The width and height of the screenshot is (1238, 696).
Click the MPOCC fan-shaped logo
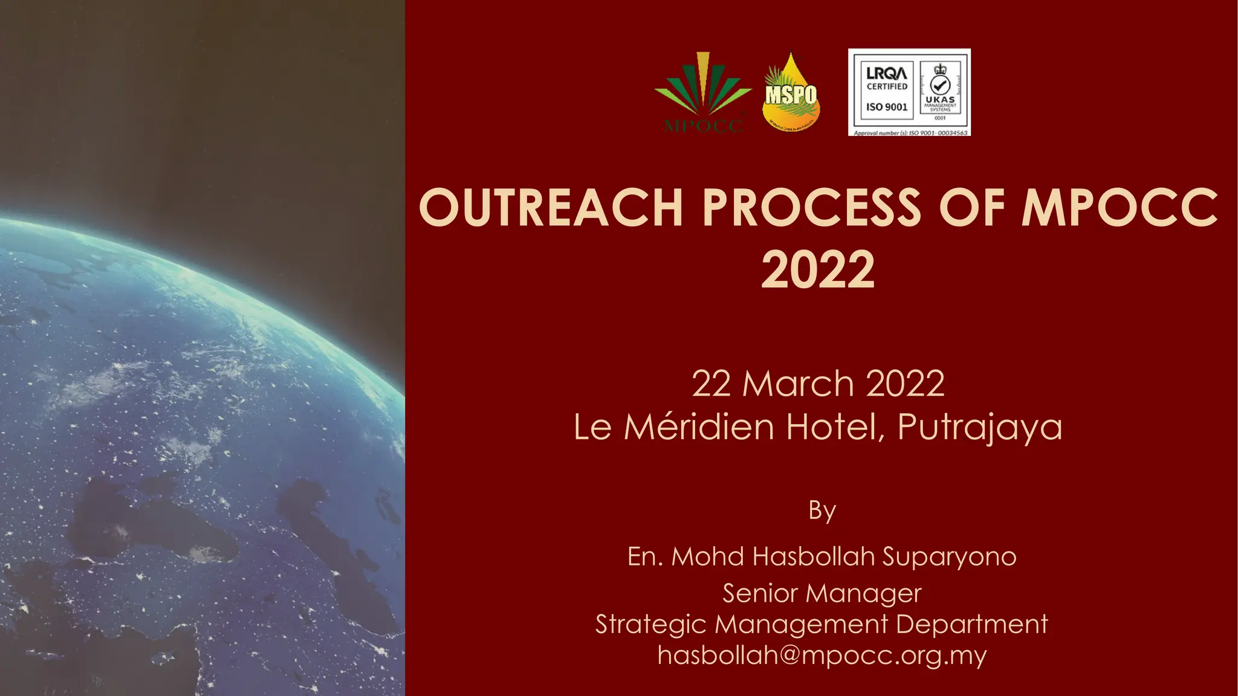(703, 91)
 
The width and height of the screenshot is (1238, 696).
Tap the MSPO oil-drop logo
(791, 94)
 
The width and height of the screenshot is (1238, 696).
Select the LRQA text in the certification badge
(886, 73)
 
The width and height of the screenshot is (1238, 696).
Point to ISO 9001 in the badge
(887, 107)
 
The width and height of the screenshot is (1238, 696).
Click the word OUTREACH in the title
(551, 207)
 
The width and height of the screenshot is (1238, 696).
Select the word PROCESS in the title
(811, 207)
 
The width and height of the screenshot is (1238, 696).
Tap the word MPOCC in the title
(1120, 207)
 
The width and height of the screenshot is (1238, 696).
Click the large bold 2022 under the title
(818, 270)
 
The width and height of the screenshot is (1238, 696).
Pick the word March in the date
(799, 384)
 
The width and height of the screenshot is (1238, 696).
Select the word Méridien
(699, 427)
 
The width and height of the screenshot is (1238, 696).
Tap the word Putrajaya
(980, 428)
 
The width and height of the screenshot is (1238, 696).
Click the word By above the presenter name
(822, 511)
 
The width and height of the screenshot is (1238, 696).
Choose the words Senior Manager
(822, 593)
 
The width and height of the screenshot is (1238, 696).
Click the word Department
(972, 624)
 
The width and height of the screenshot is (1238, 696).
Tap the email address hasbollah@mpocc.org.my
(822, 655)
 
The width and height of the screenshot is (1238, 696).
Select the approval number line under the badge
(910, 132)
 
